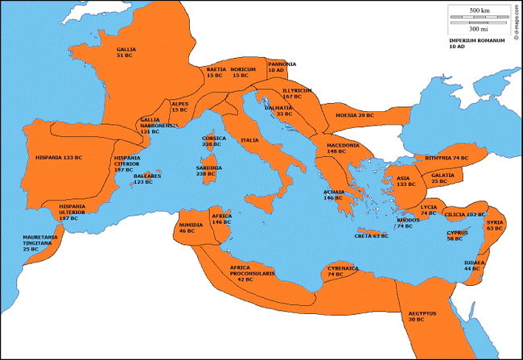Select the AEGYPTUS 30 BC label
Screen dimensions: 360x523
[x=421, y=316]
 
